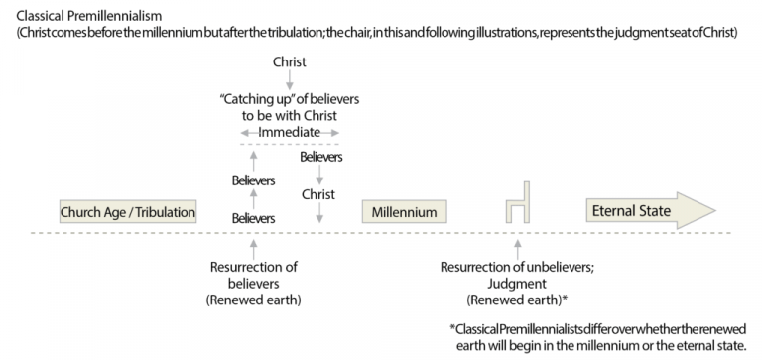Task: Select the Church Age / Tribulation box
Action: coord(127,212)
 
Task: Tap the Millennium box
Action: coord(404,212)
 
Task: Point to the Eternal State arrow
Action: coord(645,211)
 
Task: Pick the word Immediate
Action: coord(289,132)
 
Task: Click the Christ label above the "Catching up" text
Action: coord(289,62)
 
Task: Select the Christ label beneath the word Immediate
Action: coord(319,193)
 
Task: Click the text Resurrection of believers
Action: coord(253,273)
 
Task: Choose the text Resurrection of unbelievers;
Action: coord(518,266)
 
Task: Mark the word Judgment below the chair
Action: coord(518,282)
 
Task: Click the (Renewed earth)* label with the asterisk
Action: coord(518,298)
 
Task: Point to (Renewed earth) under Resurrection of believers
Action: coord(253,298)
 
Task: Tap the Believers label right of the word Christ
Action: coord(320,157)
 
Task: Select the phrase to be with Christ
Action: coord(289,115)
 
